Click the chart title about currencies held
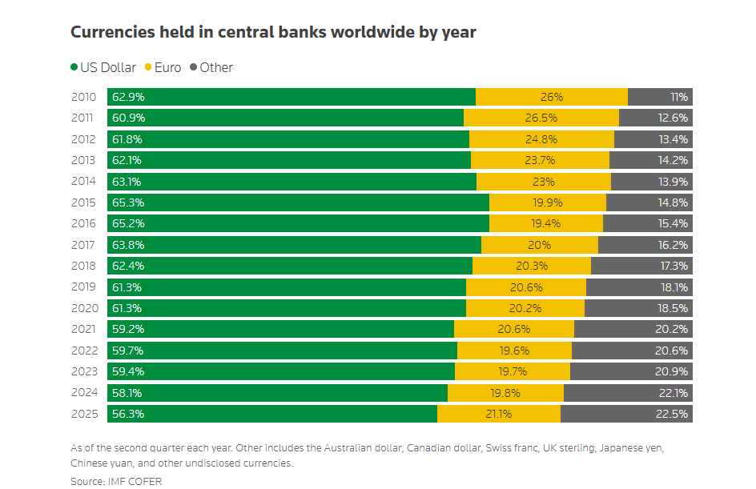point(273,33)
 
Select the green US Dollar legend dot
point(74,67)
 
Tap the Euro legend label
point(167,67)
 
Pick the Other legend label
point(216,67)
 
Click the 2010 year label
point(83,97)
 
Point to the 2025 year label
point(83,414)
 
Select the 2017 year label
point(83,245)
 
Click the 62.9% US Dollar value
point(128,97)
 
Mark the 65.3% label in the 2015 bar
point(128,202)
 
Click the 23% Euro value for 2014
point(544,182)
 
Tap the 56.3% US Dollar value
point(128,414)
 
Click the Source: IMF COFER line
point(115,481)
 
